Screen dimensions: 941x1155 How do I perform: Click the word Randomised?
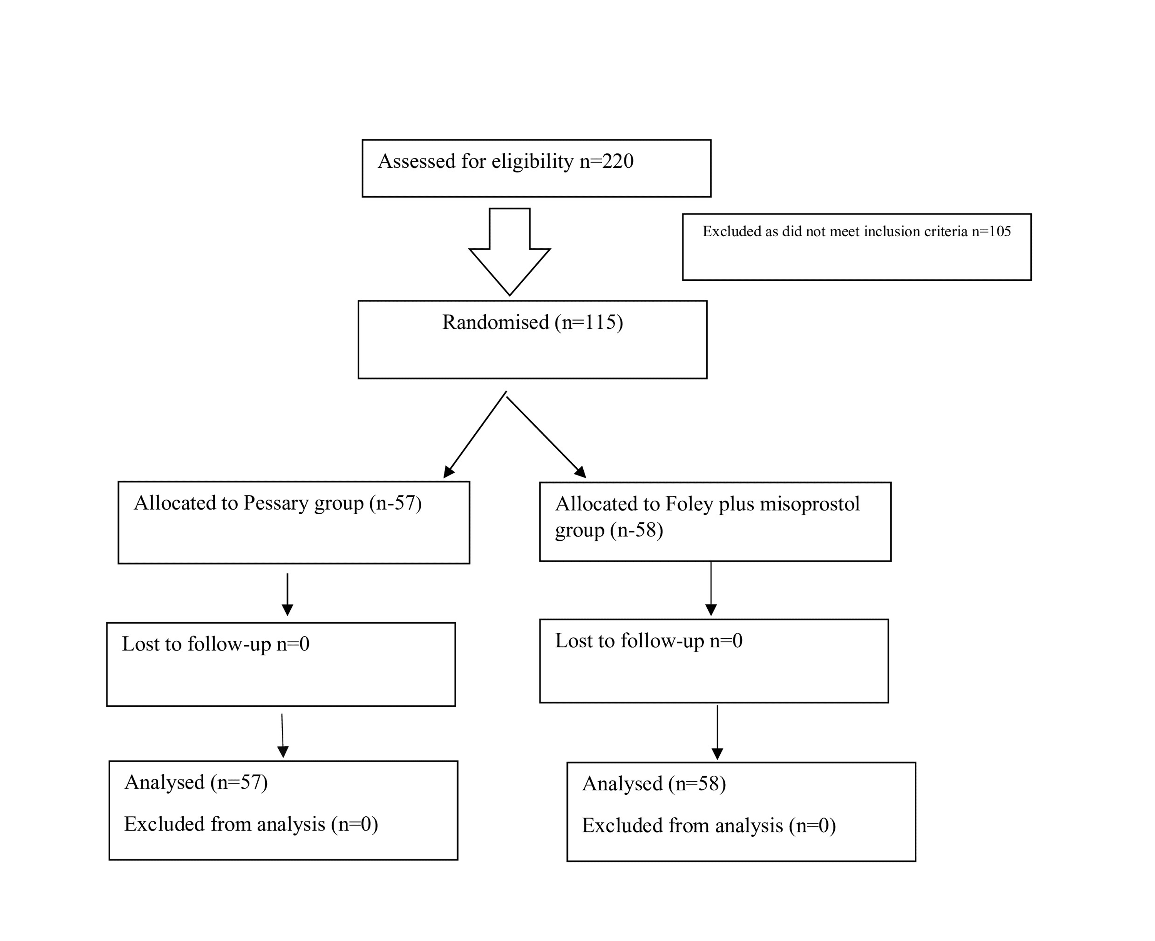(x=495, y=322)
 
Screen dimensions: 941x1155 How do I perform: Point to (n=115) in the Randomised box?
(x=589, y=322)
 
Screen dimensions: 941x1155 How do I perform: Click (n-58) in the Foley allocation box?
(x=636, y=530)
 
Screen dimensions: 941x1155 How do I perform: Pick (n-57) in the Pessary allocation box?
(x=395, y=503)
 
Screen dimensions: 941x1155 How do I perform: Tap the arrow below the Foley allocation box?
(x=711, y=589)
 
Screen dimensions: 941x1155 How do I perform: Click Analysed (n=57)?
(x=196, y=782)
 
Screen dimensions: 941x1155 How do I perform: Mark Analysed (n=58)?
(x=653, y=784)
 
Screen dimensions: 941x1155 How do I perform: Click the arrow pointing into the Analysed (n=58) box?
(x=717, y=734)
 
